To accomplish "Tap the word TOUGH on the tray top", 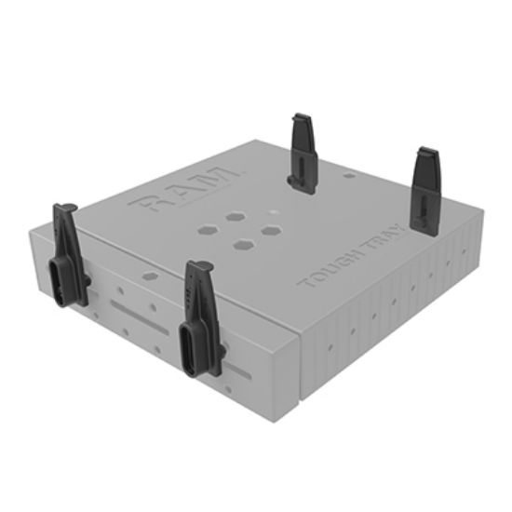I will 324,269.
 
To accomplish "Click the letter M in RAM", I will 226,177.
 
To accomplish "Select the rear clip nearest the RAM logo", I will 303,152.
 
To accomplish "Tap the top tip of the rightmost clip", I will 427,151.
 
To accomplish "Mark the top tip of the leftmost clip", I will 66,208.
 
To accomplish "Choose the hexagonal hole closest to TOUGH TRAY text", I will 271,229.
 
